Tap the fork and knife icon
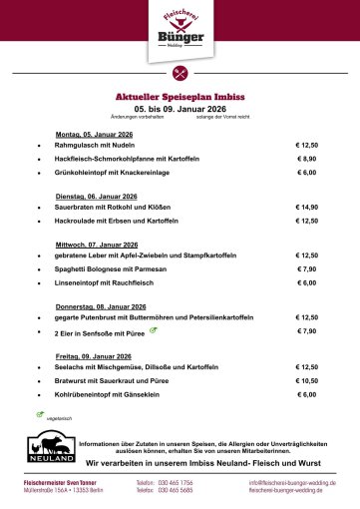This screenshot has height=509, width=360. coord(180,72)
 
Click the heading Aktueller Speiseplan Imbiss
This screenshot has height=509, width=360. coord(180,96)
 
